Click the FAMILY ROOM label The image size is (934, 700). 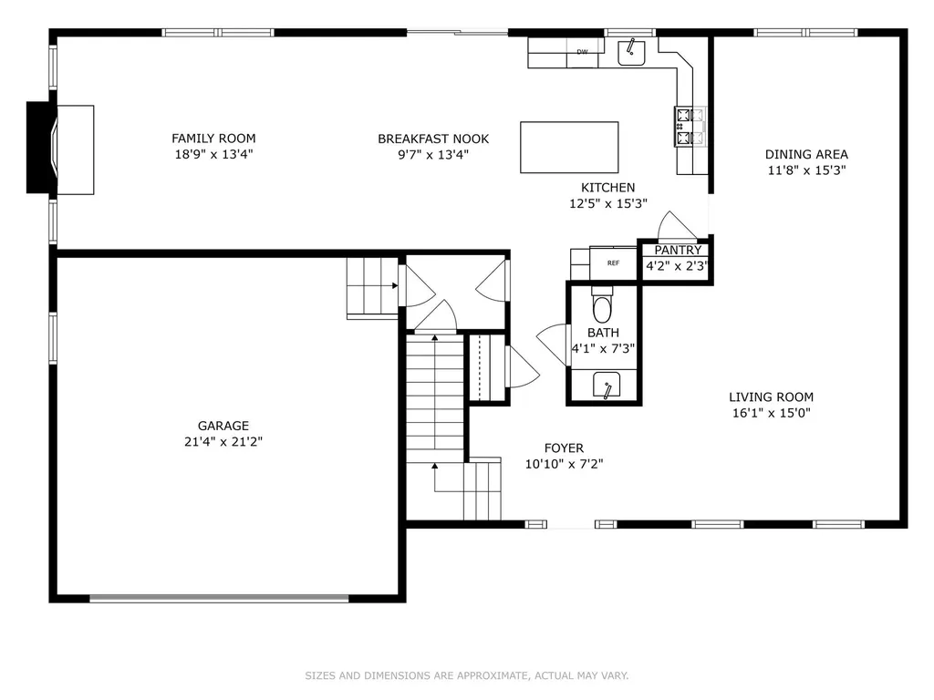(213, 139)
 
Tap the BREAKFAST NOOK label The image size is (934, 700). (433, 139)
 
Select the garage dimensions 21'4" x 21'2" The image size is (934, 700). (223, 442)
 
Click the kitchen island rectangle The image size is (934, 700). (569, 148)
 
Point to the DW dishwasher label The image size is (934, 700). (582, 52)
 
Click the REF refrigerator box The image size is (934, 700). (613, 263)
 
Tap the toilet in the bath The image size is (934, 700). (602, 304)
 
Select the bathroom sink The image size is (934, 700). (607, 385)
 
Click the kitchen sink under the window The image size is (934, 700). (631, 52)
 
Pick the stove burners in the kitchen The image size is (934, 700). (690, 127)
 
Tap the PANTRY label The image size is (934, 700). (678, 250)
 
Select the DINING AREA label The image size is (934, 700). (806, 155)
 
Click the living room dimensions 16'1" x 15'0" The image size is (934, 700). (772, 413)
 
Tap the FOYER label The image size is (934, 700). (564, 448)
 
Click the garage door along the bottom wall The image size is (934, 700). (219, 598)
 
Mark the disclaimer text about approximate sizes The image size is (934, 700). (467, 675)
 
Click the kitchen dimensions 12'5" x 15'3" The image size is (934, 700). (608, 203)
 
